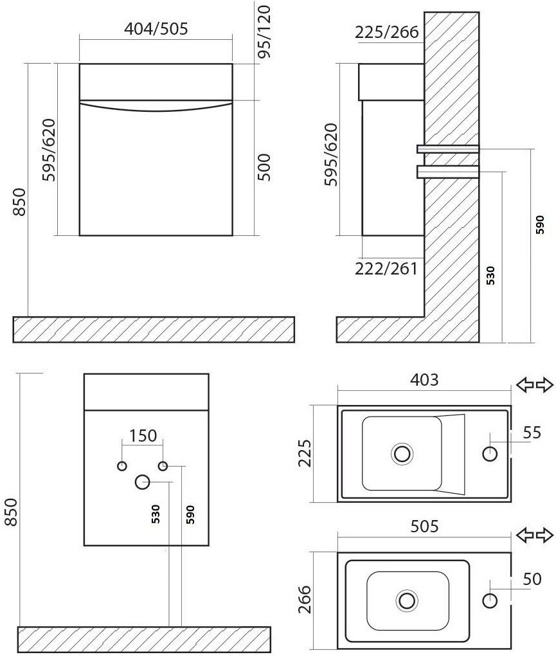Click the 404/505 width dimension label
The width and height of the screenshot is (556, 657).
coord(156,29)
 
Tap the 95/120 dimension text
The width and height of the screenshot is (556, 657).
coord(264,32)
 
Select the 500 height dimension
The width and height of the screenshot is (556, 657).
coord(264,167)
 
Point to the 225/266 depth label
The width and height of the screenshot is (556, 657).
coord(387,32)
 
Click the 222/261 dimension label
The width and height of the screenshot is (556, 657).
coord(386,269)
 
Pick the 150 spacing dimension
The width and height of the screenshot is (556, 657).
coord(143,436)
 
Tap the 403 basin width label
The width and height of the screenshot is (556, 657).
coord(424,380)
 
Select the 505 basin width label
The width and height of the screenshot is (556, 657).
coord(424,526)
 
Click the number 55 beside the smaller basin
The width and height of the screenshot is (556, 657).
coord(532,433)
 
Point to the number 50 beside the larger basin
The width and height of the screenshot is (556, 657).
coord(532,579)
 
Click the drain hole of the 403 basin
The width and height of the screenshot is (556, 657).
coord(402,453)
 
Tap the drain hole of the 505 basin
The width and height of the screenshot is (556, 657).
coord(407,600)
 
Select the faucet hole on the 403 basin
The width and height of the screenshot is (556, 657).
coord(490,453)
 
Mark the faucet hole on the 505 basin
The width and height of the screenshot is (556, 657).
coord(490,600)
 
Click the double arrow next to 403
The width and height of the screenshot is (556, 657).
coord(535,384)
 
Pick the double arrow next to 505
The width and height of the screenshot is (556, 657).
coord(535,535)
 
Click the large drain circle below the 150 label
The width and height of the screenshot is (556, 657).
coord(143,482)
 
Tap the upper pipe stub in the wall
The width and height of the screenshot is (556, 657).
coord(447,149)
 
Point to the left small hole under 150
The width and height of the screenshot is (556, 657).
coord(122,465)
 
